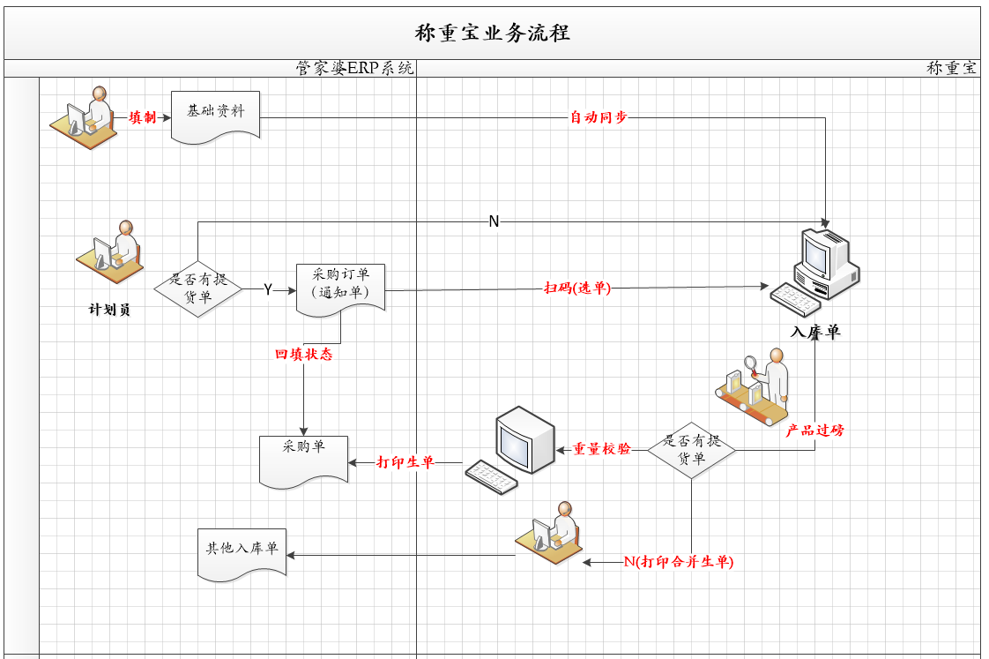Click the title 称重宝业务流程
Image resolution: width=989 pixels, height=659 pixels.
coord(493,34)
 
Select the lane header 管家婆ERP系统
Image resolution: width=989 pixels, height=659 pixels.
coord(354,68)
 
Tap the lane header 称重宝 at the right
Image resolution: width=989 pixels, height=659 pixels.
coord(952,68)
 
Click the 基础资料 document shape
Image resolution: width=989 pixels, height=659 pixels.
coord(216,116)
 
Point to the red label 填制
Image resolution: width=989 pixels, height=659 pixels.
coord(142,116)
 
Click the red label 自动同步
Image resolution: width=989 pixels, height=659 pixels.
coord(599,116)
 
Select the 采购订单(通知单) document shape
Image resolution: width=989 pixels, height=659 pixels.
coord(340,288)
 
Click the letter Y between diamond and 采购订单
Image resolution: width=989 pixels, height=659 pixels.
coord(267,289)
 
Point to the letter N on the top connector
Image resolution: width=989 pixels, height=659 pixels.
coord(494,221)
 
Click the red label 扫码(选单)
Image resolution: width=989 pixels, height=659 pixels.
coord(577,287)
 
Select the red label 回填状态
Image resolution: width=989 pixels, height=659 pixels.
coord(303,355)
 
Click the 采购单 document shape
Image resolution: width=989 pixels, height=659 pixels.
coord(303,459)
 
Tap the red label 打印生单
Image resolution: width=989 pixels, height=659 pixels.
coord(405,461)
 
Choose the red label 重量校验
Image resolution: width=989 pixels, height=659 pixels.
coord(602,448)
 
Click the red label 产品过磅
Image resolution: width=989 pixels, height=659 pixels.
coord(814,431)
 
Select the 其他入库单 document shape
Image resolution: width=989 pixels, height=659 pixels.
coord(242,553)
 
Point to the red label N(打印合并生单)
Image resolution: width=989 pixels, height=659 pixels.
coord(678,561)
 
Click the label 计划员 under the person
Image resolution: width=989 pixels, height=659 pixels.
coord(109,310)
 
